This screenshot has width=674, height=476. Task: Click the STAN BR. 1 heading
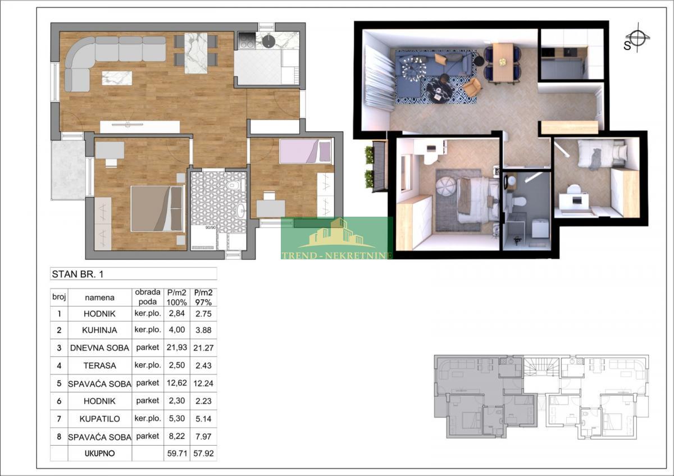click(78, 274)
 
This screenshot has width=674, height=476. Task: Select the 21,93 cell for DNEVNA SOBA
click(176, 347)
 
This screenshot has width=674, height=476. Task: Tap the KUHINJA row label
click(99, 330)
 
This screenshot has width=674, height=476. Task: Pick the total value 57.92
click(203, 454)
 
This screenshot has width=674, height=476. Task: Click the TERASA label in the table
click(99, 365)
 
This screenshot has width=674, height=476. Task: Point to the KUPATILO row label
click(99, 419)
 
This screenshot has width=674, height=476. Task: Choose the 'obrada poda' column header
click(147, 297)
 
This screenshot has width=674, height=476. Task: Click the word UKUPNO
click(99, 454)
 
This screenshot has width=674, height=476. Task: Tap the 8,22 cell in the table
click(176, 436)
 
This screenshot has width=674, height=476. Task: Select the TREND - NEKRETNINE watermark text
click(336, 255)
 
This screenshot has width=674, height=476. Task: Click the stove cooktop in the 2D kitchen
click(247, 40)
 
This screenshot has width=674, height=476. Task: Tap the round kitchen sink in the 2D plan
click(268, 42)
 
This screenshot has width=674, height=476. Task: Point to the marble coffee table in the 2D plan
click(117, 78)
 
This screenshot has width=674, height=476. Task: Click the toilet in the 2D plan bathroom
click(233, 185)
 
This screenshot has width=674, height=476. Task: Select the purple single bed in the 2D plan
click(306, 151)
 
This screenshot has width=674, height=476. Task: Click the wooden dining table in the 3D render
click(503, 62)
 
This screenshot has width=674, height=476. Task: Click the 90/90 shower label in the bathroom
click(211, 228)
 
